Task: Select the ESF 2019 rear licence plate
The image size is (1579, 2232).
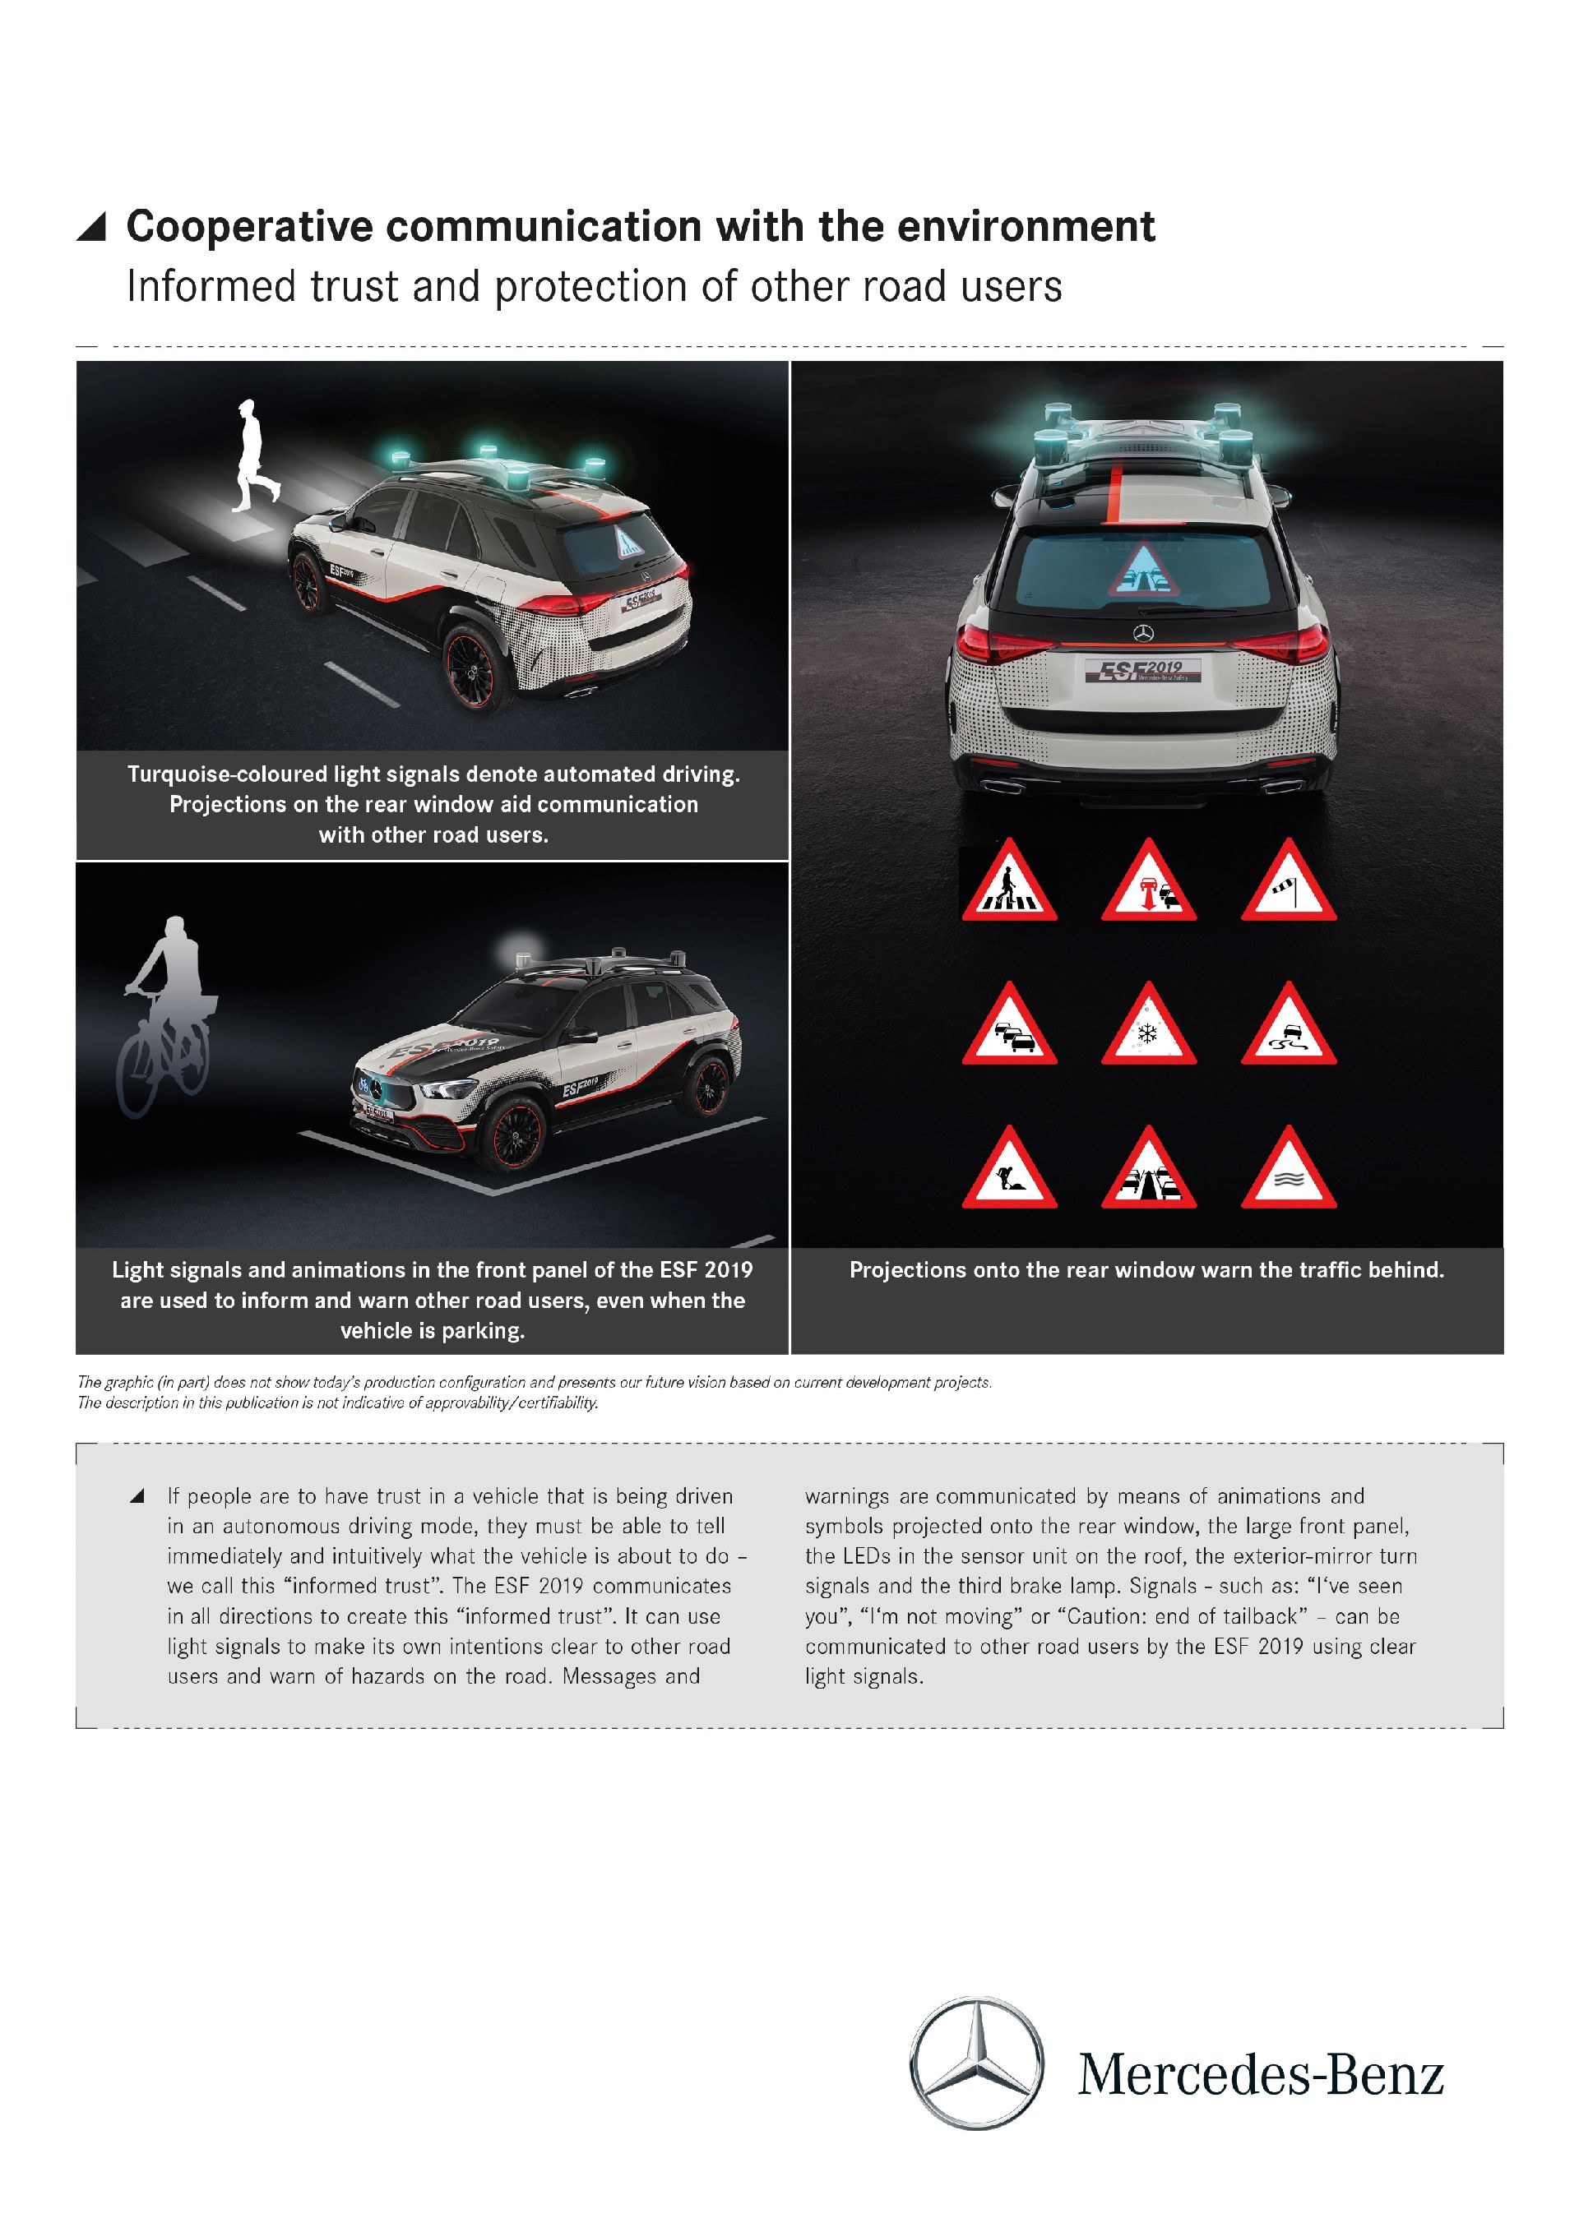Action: tap(1143, 670)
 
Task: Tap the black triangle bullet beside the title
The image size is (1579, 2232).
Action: tap(91, 227)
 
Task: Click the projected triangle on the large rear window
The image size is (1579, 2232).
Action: tap(1143, 571)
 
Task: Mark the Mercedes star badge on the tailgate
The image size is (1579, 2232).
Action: tap(1143, 634)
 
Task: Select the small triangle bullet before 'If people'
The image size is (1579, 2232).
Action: tap(137, 1496)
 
